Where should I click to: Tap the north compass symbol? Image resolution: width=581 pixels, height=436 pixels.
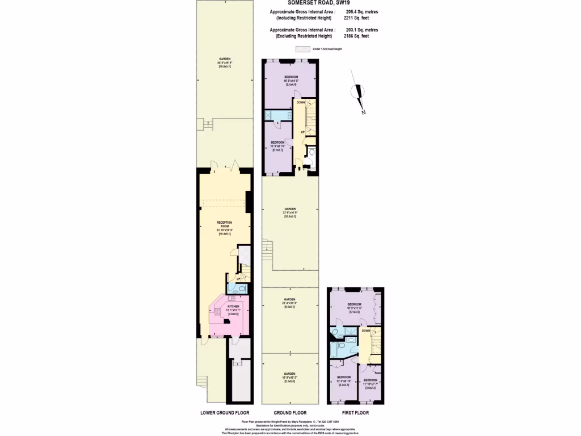pos(359,93)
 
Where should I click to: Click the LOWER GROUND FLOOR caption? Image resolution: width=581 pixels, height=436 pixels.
pos(225,413)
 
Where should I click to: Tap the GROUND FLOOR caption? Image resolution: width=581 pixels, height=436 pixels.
pos(290,413)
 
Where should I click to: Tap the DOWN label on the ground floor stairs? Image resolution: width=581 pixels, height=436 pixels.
pos(300,103)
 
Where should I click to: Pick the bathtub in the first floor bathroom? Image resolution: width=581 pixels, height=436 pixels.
pos(340,347)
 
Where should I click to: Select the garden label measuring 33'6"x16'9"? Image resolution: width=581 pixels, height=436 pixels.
pos(289,212)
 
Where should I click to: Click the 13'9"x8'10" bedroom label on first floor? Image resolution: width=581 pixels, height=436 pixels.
pos(344,380)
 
